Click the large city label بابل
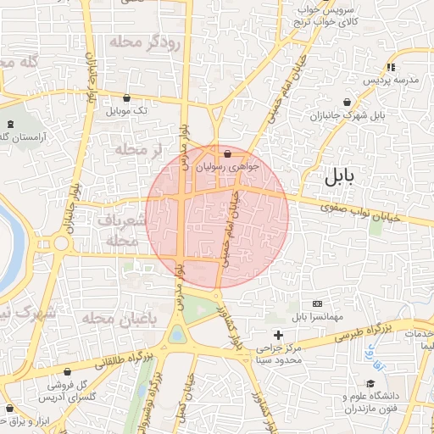342,177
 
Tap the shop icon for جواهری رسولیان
227,154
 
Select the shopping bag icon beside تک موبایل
126,97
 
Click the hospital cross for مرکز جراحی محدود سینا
278,336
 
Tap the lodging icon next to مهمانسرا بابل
317,303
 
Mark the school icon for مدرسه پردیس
391,67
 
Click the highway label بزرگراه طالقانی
120,361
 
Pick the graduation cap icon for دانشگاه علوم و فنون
370,384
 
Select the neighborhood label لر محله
136,150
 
